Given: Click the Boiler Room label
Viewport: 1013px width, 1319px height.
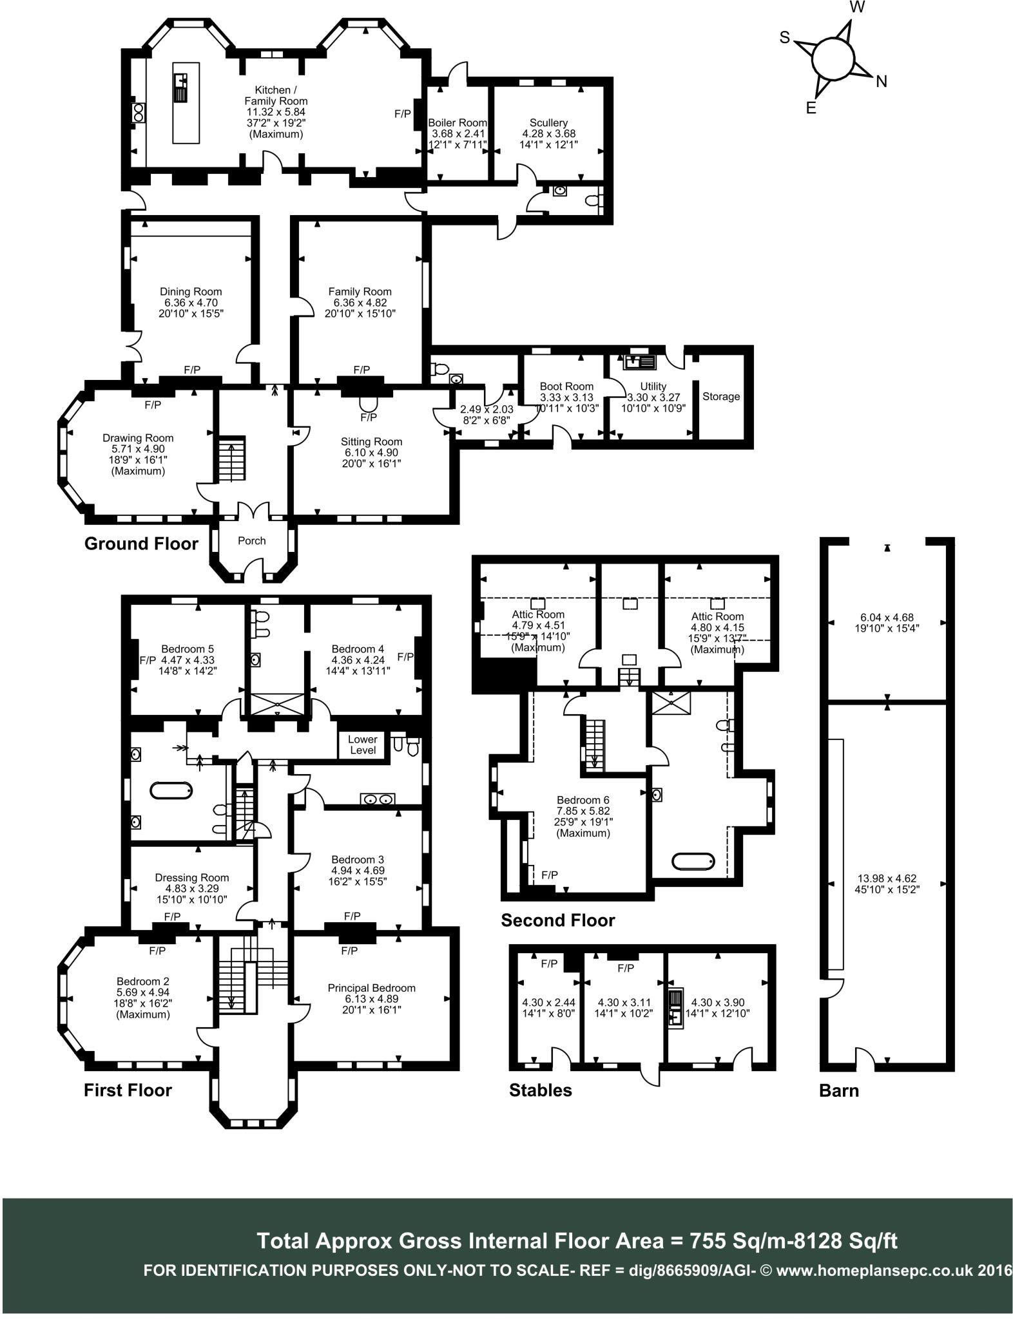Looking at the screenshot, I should [x=458, y=123].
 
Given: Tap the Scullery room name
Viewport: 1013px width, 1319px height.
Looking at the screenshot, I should [x=548, y=123].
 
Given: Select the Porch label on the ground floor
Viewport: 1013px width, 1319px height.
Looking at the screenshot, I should [x=251, y=541].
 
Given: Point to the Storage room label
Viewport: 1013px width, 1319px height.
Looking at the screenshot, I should [x=721, y=397].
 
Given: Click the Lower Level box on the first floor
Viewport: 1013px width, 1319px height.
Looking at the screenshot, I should [x=363, y=745].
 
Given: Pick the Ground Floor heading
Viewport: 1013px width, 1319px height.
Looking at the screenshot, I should [x=141, y=544].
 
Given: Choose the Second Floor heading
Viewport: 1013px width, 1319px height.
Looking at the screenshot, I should [x=558, y=921].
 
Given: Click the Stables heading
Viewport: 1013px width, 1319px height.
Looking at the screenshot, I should [x=540, y=1090].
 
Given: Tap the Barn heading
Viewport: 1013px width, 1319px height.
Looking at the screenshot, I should [x=839, y=1090].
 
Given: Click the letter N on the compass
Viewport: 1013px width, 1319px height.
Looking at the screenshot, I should [x=881, y=81].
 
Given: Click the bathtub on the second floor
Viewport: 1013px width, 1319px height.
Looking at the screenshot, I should [x=693, y=861].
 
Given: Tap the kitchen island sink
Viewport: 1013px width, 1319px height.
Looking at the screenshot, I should [x=180, y=88].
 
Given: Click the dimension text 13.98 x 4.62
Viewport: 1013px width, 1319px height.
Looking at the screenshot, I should [x=887, y=878].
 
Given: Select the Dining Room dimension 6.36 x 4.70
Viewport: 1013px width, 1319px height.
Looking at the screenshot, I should [x=191, y=303].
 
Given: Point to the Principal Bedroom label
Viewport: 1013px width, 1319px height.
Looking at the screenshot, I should [x=371, y=988].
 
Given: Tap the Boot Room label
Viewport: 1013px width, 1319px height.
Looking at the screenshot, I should [x=566, y=386].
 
